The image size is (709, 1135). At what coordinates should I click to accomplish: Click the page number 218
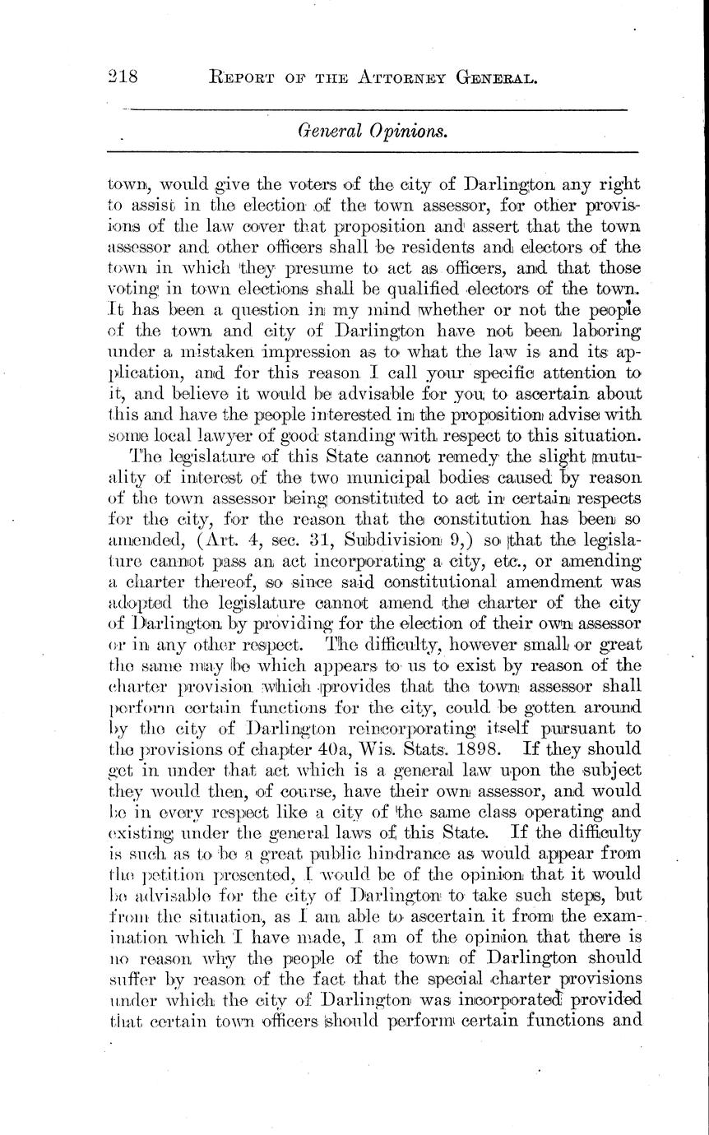(122, 78)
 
